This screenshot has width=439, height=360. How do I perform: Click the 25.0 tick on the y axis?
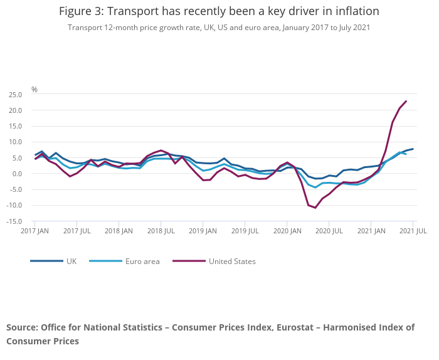pyautogui.click(x=14, y=95)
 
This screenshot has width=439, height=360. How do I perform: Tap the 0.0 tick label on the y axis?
pyautogui.click(x=16, y=174)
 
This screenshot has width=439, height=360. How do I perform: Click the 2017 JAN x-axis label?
pyautogui.click(x=35, y=231)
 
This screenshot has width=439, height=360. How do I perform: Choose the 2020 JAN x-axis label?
pyautogui.click(x=287, y=231)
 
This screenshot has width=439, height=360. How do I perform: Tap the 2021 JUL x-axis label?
pyautogui.click(x=414, y=231)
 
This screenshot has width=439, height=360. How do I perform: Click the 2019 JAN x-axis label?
pyautogui.click(x=203, y=231)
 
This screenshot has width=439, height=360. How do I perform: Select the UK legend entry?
pyautogui.click(x=71, y=261)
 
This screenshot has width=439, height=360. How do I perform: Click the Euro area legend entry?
pyautogui.click(x=142, y=261)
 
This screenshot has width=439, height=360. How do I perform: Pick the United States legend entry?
pyautogui.click(x=231, y=261)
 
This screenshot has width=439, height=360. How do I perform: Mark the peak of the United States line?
pyautogui.click(x=406, y=101)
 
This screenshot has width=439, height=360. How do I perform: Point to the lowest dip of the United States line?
pyautogui.click(x=315, y=208)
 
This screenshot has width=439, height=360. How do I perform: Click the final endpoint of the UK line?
pyautogui.click(x=413, y=149)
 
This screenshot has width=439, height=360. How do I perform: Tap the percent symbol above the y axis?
pyautogui.click(x=34, y=90)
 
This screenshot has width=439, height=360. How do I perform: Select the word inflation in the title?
pyautogui.click(x=357, y=12)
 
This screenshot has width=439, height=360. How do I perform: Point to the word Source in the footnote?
pyautogui.click(x=22, y=327)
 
